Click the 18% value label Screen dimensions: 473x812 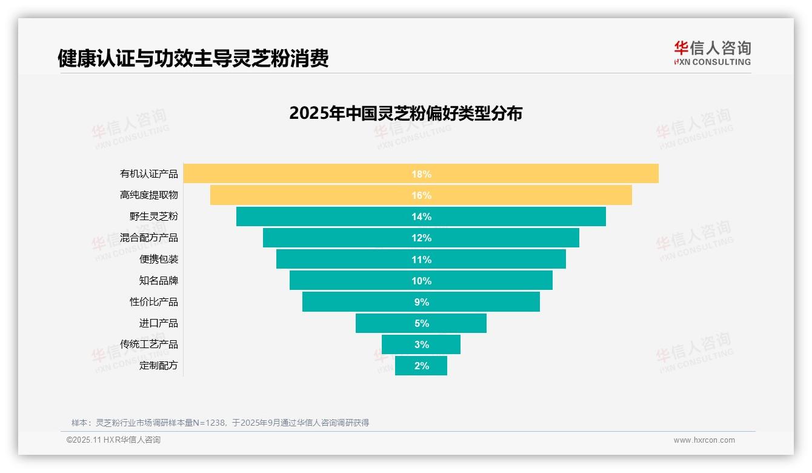[421, 174]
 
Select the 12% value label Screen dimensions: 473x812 [421, 238]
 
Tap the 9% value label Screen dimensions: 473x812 [421, 302]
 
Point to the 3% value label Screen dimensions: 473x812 [421, 344]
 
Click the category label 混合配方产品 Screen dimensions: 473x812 [149, 238]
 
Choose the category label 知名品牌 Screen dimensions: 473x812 [159, 281]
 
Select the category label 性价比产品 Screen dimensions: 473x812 [154, 302]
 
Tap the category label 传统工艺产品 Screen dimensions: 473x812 [149, 344]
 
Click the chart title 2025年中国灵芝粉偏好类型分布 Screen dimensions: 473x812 [405, 113]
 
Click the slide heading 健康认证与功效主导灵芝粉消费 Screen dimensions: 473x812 [193, 58]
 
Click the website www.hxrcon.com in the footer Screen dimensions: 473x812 [704, 440]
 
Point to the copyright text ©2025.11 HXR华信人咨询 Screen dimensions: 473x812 [113, 440]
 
